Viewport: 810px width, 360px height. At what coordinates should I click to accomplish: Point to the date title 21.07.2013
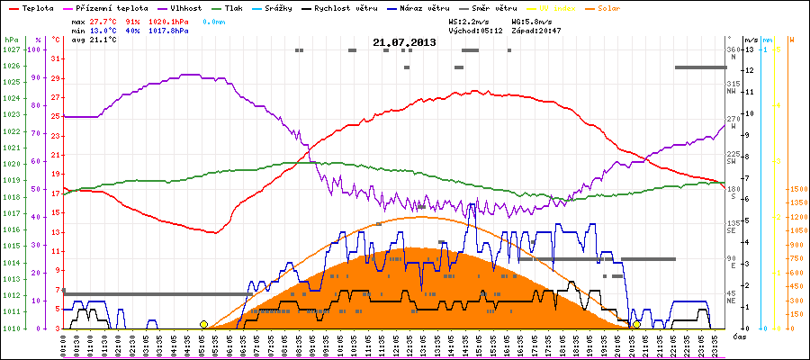click(404, 42)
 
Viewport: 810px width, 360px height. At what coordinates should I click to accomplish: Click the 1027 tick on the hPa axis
click(11, 49)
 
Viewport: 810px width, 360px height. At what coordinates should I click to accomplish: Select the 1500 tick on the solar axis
click(796, 189)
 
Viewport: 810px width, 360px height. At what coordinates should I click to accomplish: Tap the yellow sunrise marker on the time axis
click(204, 324)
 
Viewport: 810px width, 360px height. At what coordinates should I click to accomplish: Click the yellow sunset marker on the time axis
click(637, 324)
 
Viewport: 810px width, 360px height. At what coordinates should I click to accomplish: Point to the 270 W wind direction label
click(732, 119)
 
